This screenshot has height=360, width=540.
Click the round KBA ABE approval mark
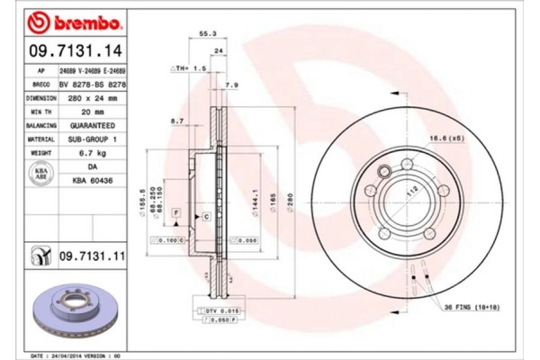pyautogui.click(x=40, y=175)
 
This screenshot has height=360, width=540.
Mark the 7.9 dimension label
pyautogui.click(x=230, y=85)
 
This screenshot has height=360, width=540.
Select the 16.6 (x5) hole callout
pyautogui.click(x=445, y=138)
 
